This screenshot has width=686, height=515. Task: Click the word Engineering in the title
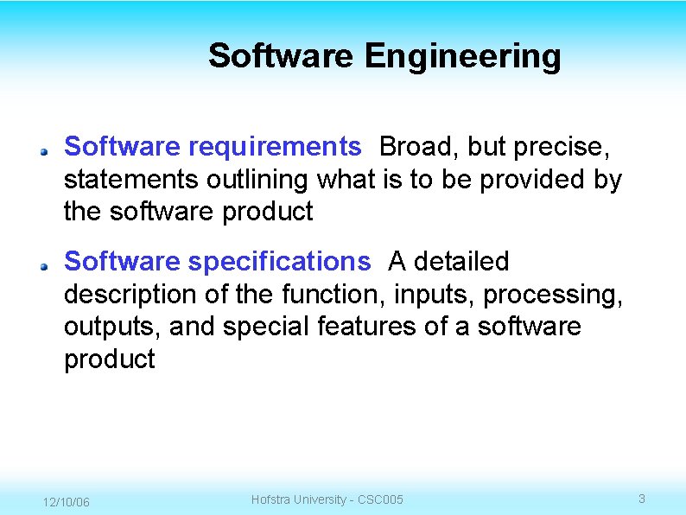point(462,57)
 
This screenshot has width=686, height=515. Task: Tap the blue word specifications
point(278,261)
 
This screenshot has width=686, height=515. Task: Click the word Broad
point(416,147)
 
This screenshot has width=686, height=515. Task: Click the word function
point(333,295)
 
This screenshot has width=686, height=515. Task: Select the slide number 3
point(641,499)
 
